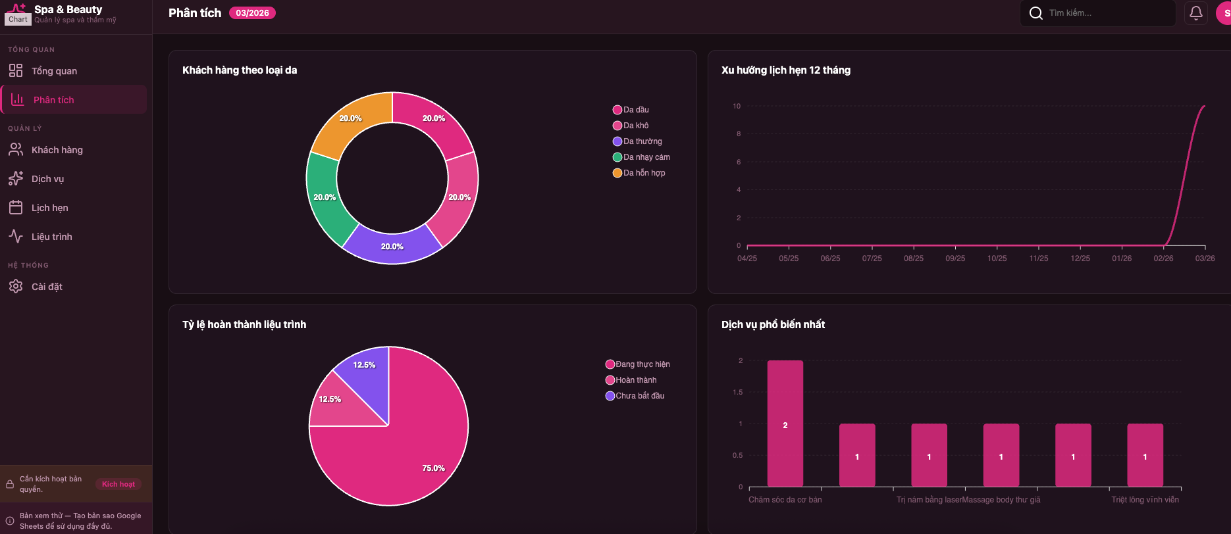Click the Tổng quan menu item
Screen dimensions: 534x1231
coord(54,71)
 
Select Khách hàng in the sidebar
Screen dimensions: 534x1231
coord(57,150)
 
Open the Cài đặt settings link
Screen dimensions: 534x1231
coord(47,287)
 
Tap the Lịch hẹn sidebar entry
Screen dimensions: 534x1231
coord(49,208)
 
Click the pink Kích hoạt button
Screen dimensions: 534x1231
coord(118,484)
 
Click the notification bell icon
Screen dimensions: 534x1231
coord(1196,12)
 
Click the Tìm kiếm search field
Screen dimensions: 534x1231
coord(1106,13)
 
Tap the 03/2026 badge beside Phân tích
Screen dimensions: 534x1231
coord(252,13)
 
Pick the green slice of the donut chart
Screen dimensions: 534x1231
coord(323,197)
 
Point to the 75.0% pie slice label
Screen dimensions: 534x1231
coord(433,468)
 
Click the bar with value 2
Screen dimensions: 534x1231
coord(785,424)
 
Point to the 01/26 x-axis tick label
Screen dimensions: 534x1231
coord(1122,258)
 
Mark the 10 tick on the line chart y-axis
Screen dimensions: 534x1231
coord(737,106)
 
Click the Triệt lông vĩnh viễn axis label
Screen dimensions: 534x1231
coord(1145,500)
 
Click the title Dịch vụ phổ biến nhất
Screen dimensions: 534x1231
coord(773,324)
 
